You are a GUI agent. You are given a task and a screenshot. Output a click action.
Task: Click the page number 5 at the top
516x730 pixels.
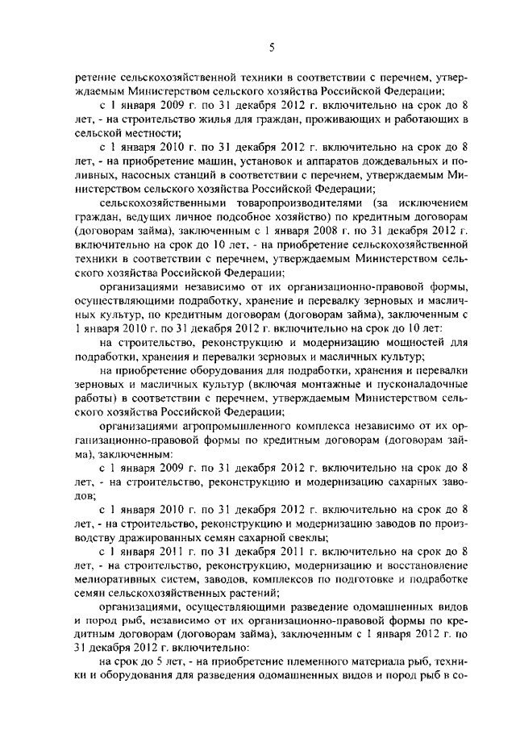click(271, 47)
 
